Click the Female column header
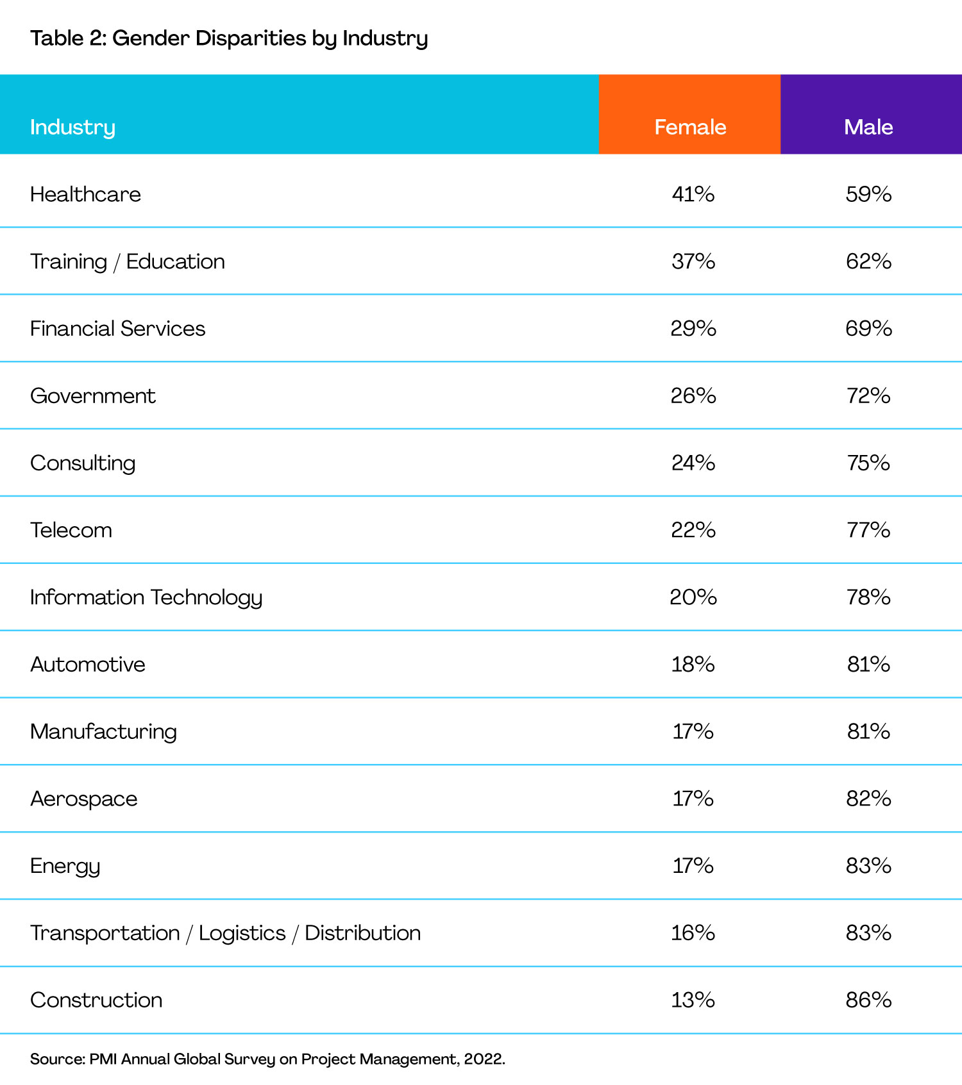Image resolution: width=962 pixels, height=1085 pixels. point(690,127)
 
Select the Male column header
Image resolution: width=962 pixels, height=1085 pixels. point(868,127)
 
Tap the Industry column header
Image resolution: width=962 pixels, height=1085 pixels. point(72,128)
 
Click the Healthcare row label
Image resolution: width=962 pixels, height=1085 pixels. point(85,194)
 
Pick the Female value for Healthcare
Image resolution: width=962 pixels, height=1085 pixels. point(693,194)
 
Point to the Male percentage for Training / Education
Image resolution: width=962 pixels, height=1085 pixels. point(869,261)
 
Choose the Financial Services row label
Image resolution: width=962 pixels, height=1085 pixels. point(118,329)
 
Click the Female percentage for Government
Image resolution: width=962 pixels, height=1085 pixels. point(693,395)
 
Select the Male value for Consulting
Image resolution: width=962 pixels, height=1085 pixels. point(869,463)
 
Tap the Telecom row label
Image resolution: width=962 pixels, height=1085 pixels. point(71,530)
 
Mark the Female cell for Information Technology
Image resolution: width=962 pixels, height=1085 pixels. point(693,597)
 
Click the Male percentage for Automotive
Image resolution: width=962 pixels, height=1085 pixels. point(869,664)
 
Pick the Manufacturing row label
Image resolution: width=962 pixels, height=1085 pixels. point(103,732)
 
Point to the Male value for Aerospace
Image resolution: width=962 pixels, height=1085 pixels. point(869,799)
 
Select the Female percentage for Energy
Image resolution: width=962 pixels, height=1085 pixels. point(693,866)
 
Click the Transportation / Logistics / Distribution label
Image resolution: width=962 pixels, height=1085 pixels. point(226,933)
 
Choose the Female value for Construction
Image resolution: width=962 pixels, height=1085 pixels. point(693,1000)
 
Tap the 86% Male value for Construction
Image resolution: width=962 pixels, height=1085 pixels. point(869,1000)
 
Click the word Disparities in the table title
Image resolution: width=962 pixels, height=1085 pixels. point(251,39)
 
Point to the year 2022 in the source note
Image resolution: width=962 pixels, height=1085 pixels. point(484,1059)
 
